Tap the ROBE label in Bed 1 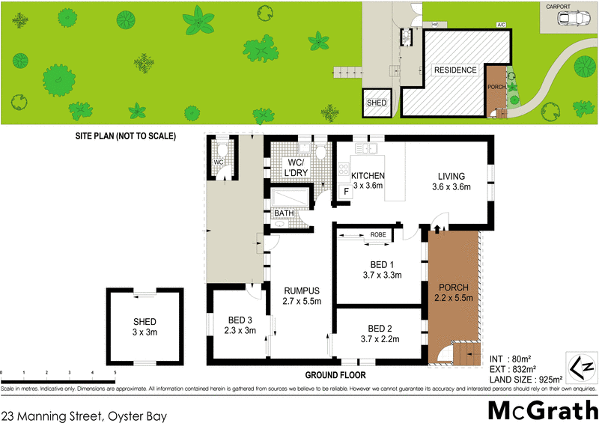[377, 234]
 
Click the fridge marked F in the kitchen [346, 192]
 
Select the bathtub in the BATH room [291, 198]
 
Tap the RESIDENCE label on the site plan [455, 70]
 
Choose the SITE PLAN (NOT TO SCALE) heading [125, 136]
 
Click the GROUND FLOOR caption [334, 374]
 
